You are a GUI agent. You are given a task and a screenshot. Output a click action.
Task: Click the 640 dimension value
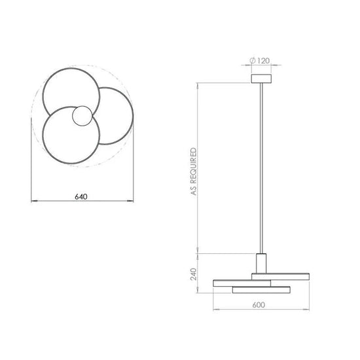pyautogui.click(x=81, y=197)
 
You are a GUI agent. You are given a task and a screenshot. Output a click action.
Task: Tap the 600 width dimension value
pyautogui.click(x=259, y=305)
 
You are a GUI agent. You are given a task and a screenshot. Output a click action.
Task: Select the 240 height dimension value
pyautogui.click(x=194, y=274)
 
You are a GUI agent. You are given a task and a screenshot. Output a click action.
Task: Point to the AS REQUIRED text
pyautogui.click(x=194, y=171)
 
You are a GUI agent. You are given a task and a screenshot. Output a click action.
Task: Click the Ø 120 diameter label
pyautogui.click(x=259, y=61)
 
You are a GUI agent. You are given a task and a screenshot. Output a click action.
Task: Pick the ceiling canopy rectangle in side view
pyautogui.click(x=261, y=79)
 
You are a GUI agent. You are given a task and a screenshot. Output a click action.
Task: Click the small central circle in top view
pyautogui.click(x=82, y=116)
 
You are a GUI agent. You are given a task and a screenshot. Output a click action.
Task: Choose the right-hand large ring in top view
pyautogui.click(x=133, y=116)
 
